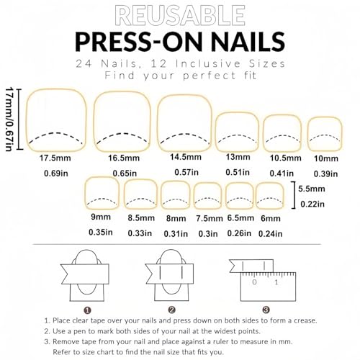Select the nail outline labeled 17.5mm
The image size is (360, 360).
[x=55, y=119]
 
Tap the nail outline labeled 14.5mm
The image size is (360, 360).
[x=184, y=120]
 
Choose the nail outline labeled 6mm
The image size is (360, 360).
[x=270, y=196]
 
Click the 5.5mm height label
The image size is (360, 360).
[x=312, y=189]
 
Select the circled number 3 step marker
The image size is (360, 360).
[x=266, y=310]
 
